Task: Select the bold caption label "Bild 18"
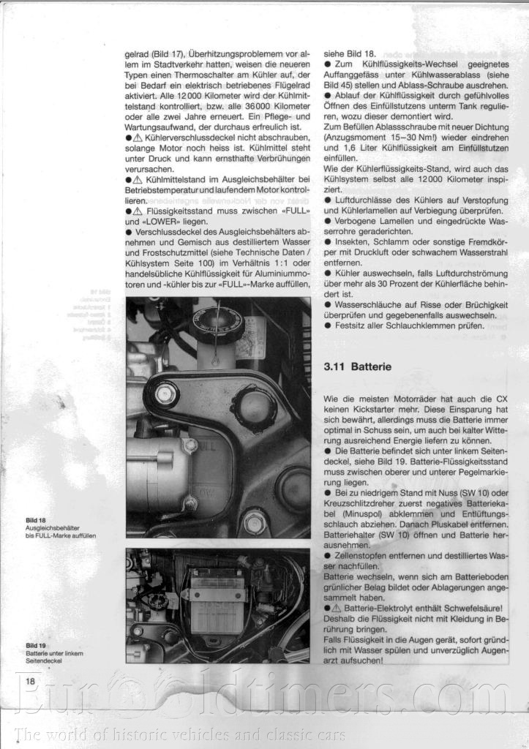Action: point(36,521)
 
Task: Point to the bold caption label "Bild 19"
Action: point(36,645)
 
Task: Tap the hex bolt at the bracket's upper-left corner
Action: point(165,396)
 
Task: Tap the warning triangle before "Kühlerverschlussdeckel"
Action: point(139,138)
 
